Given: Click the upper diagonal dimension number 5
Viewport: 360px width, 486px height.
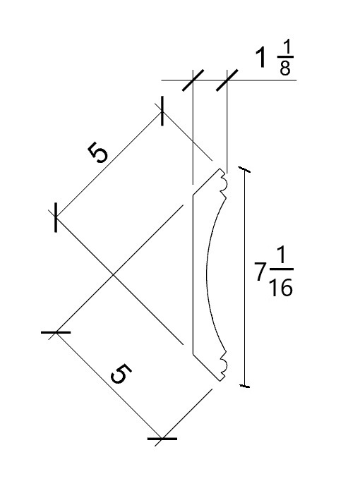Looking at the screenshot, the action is [98, 152].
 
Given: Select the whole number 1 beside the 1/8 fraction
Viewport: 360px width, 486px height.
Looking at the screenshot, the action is [261, 57].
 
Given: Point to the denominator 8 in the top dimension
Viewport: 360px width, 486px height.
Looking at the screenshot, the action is [285, 68].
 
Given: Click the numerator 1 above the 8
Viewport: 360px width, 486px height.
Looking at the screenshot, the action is [287, 48].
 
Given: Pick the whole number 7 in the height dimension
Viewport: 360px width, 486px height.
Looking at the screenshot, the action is [260, 272].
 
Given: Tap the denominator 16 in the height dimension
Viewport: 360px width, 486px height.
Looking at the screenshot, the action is [281, 286].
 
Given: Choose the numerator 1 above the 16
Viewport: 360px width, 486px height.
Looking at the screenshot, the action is [282, 257].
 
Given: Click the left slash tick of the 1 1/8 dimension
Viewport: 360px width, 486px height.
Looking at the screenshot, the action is [193, 80].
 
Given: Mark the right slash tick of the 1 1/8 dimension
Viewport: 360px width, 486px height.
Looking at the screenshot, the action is [227, 80].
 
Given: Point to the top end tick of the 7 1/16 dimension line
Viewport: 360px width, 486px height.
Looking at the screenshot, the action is [244, 169].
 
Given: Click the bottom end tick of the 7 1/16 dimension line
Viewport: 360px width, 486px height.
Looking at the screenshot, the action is [244, 386].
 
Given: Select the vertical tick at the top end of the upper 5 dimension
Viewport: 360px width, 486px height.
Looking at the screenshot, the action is [162, 111].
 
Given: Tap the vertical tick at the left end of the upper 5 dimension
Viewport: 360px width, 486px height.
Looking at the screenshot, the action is [56, 217].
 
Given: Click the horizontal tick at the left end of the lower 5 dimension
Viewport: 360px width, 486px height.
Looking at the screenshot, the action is [56, 332].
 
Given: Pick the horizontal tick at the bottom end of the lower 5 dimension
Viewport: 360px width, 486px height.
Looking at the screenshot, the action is [162, 439].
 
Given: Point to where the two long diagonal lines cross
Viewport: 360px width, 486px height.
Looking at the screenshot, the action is [112, 274].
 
